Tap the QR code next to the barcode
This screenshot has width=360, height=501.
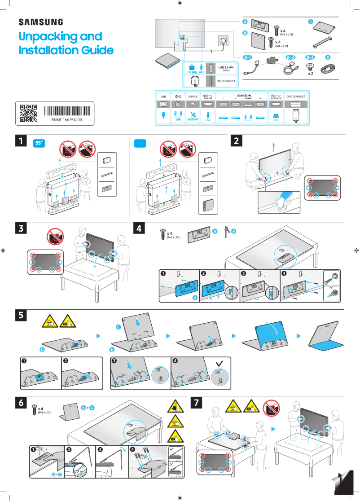pos(28,114)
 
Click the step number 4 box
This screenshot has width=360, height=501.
pos(140,229)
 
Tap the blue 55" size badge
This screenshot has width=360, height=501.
pos(40,143)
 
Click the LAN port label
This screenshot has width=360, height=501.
pos(163,97)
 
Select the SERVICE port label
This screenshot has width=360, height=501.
pos(193,97)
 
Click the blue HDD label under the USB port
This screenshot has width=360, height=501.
pos(276,120)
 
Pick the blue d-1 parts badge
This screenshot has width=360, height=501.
pos(248,57)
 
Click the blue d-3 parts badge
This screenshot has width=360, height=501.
pos(310,57)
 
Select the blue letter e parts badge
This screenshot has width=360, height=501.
pos(328,57)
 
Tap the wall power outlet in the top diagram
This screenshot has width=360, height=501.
pos(223,40)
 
